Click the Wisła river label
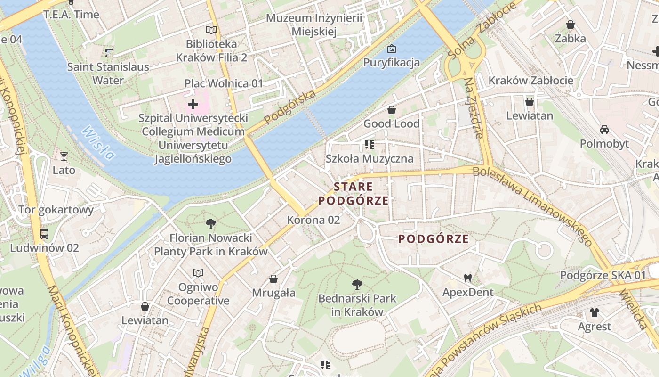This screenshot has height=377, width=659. [x=98, y=144]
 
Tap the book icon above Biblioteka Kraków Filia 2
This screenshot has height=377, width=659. [x=211, y=30]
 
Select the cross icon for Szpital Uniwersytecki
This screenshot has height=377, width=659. [x=193, y=104]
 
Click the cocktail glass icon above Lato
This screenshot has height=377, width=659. [x=64, y=156]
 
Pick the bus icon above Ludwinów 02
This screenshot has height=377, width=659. [x=44, y=234]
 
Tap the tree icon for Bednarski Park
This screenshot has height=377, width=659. [x=357, y=284]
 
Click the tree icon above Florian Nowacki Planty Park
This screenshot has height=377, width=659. [x=211, y=224]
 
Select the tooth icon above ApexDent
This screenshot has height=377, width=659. [x=467, y=278]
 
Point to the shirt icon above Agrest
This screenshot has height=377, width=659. [x=595, y=312]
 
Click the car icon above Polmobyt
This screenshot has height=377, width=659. [x=604, y=130]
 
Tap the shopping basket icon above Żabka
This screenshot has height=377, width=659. [x=571, y=25]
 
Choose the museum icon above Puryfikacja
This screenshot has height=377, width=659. [x=391, y=49]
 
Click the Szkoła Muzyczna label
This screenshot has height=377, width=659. [x=370, y=159]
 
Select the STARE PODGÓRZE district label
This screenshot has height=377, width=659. [x=354, y=194]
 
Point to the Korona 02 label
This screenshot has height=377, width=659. [x=313, y=220]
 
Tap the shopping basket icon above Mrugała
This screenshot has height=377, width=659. [x=273, y=279]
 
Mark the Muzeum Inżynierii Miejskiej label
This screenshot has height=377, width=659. [x=314, y=25]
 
